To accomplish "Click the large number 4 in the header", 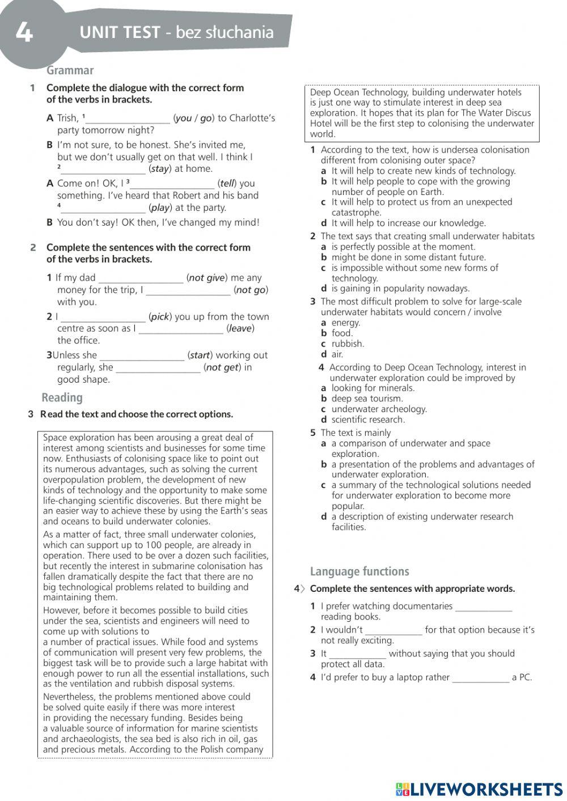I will (24, 32).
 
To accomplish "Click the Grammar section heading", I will (70, 70).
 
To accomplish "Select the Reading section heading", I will (62, 397).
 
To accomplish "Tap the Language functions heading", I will (359, 571).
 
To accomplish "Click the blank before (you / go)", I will (128, 119).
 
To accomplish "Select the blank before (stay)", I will (103, 169).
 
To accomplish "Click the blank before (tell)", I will (172, 184).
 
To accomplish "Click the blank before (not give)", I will (141, 278).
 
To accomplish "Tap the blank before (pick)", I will (103, 317).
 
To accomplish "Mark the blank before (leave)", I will (181, 329).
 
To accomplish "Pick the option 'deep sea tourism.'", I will (367, 399).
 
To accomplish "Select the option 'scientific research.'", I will (368, 419).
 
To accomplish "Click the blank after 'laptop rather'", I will (481, 678).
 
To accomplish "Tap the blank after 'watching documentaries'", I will (484, 607).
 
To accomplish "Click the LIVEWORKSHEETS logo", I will (479, 789).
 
